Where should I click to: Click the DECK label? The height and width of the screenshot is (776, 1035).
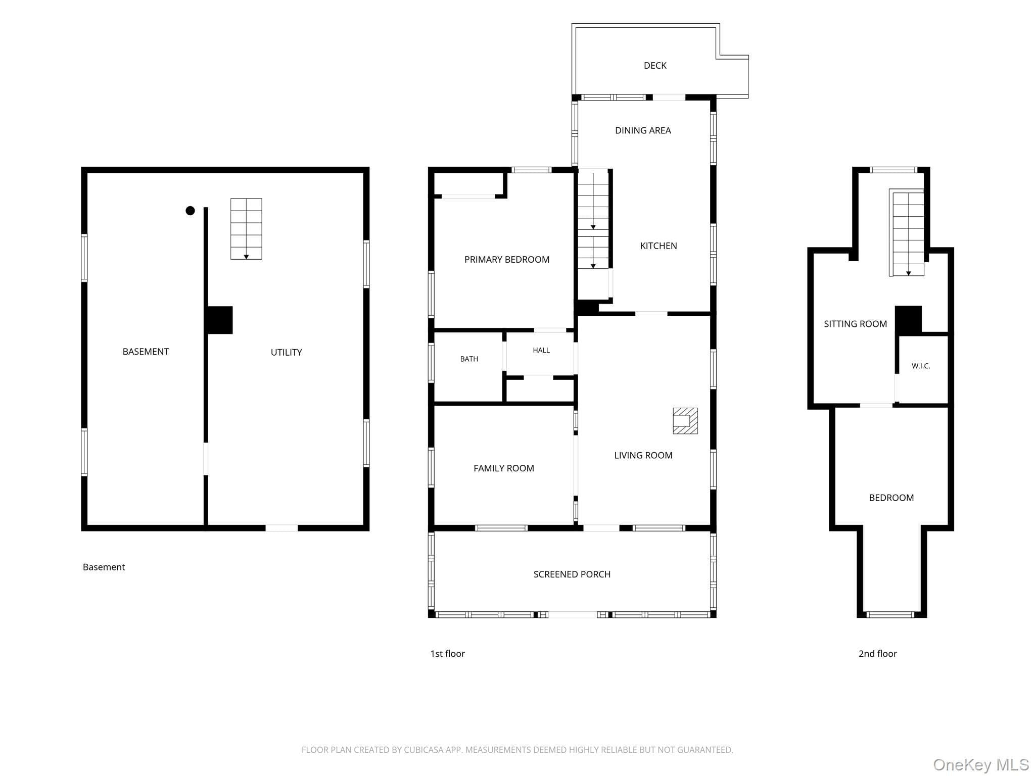coord(655,66)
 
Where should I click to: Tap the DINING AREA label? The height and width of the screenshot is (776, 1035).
coord(643,130)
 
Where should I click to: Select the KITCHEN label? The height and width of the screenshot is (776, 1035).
coord(658,246)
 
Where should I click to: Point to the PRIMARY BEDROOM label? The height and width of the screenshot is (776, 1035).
coord(507,260)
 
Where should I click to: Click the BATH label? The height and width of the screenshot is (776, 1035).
coord(469,359)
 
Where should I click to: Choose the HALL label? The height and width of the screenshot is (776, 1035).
coord(541,350)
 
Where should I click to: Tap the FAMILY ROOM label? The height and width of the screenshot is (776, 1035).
coord(504,468)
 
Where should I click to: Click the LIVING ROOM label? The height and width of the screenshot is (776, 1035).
coord(643,456)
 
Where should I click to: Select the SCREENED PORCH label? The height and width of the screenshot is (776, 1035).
coord(572,574)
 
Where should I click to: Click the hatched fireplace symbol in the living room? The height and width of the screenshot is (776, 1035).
coord(685,421)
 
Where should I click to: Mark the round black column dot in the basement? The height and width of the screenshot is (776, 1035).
coord(190,211)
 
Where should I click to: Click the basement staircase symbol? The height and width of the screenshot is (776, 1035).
coord(246,229)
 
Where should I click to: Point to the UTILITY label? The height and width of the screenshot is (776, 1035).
coord(287,353)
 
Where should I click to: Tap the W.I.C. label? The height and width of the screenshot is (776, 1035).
coord(921,366)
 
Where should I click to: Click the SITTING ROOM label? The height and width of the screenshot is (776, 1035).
coord(855,324)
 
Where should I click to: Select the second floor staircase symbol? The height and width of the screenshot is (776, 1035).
coord(908,233)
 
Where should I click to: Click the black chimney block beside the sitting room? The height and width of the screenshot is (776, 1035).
coord(909,320)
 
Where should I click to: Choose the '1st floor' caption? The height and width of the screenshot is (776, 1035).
coord(447,654)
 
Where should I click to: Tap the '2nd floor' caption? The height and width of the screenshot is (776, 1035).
coord(877,654)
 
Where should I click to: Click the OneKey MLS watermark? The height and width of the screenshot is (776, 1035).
coord(981,764)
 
